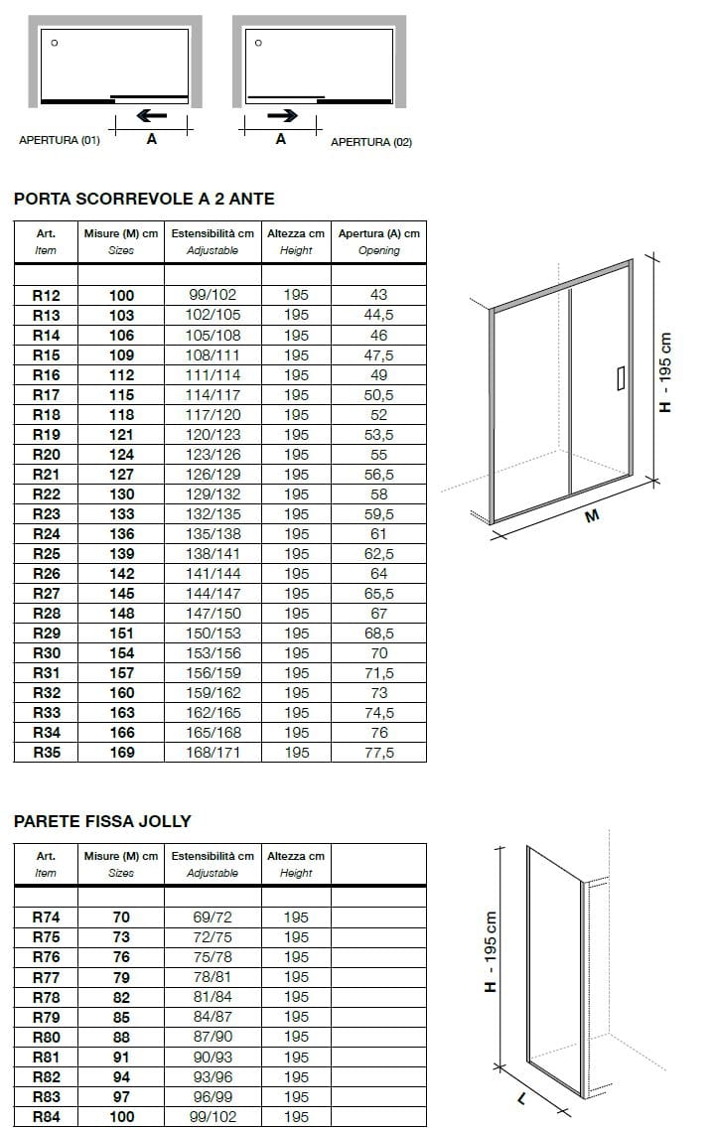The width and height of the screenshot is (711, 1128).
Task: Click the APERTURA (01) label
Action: (x=60, y=141)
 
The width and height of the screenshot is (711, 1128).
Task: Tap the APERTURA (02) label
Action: (x=371, y=142)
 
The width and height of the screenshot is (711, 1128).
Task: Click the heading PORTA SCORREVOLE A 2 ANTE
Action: (x=144, y=199)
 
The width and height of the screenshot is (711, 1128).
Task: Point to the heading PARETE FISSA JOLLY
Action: (x=102, y=821)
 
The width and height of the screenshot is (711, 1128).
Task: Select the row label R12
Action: (x=47, y=295)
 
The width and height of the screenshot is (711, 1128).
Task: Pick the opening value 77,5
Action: (x=378, y=753)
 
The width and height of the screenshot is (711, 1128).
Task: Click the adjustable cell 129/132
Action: (x=213, y=494)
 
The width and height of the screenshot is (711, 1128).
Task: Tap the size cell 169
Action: (x=121, y=753)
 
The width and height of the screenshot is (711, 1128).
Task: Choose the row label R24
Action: (x=47, y=534)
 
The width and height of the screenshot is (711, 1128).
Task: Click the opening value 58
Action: (x=378, y=494)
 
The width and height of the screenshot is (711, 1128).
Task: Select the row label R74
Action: (x=47, y=917)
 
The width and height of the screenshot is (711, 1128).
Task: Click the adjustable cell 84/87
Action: (x=213, y=1017)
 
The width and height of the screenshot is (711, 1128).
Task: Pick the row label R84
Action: (x=47, y=1117)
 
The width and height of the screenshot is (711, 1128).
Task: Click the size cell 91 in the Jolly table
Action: (x=121, y=1057)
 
